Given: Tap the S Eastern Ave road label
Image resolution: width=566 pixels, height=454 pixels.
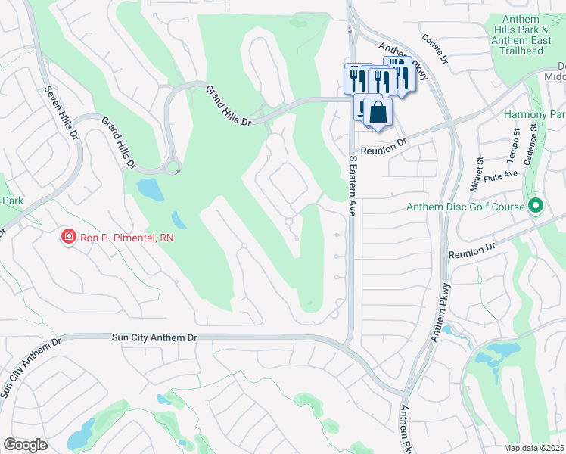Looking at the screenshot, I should click(352, 186).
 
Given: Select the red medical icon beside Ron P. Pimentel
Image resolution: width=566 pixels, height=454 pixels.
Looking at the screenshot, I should click(69, 238).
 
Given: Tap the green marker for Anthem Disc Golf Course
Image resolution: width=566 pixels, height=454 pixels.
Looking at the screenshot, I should click(536, 206).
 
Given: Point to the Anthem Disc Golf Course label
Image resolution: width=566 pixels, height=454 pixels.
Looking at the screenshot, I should click(465, 207).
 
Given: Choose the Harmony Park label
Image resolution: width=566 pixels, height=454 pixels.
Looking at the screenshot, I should click(535, 115).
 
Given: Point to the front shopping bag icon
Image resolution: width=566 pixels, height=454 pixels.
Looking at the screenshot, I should click(378, 112).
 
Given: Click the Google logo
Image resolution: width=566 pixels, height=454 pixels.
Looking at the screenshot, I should click(25, 445).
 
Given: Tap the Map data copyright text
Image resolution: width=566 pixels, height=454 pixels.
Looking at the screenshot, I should click(534, 448).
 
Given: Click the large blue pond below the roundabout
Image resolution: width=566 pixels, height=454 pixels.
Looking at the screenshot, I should click(150, 189).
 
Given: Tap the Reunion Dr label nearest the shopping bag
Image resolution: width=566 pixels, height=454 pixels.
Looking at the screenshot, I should click(384, 145).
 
